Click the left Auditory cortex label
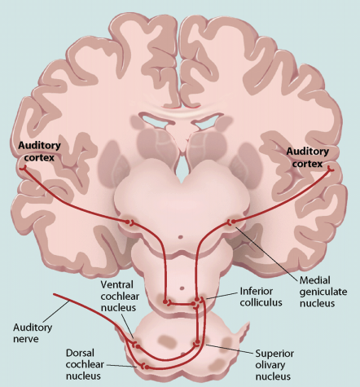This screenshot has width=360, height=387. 39,152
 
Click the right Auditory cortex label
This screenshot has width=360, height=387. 308,157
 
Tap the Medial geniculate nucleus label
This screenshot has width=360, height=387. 323,292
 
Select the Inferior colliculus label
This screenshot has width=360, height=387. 261,297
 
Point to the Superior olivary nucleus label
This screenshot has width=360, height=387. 274,365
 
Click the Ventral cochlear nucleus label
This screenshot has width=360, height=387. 120,296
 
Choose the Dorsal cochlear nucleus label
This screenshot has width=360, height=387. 85,364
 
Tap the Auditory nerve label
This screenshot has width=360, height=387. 33,333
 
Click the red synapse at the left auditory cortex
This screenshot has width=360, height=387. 23,168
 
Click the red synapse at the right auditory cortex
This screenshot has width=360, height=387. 331,169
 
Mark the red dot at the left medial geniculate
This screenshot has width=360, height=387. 127,222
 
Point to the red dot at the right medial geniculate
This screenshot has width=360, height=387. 234,222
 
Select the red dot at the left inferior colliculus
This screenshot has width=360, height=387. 165,301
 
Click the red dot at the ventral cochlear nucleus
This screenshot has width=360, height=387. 138,346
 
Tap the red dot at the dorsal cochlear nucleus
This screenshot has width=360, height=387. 147,367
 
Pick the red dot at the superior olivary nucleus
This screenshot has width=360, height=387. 197,341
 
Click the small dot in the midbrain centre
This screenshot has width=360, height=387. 181,237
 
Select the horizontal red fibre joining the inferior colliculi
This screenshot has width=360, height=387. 182,304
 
